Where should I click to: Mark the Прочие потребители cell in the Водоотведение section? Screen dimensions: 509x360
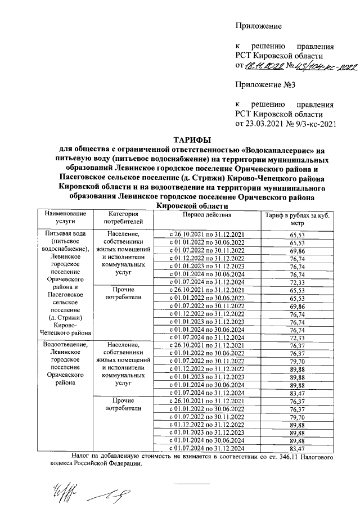(123, 404)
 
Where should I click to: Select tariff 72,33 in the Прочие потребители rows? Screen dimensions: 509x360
(296, 337)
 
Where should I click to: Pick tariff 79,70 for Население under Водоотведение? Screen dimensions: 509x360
(296, 361)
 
